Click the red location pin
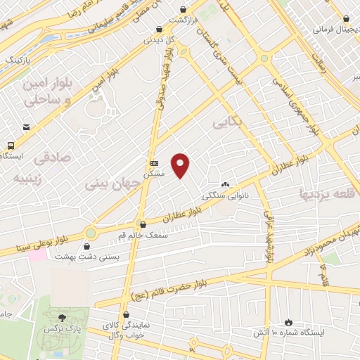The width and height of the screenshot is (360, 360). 181,165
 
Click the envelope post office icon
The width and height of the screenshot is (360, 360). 26,127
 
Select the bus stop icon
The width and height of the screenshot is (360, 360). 10,144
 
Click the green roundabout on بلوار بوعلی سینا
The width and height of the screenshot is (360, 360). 90,233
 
